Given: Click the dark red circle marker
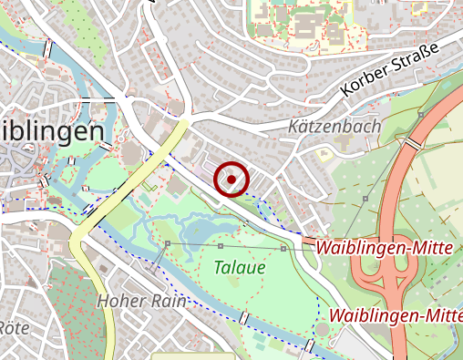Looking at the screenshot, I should pos(231,179).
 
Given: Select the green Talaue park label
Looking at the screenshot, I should pos(240,268).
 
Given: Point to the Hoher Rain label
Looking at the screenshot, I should pos(141,301).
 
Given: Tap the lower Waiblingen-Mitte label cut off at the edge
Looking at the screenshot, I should pos(396,315).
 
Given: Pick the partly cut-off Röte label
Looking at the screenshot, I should pos(15,327).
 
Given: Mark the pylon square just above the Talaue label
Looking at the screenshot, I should pos(221,246).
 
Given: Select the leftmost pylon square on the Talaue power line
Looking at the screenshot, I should pos(168,243).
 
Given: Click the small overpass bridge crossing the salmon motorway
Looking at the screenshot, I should pos(412,144).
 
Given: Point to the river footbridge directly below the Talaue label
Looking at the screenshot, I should pos(243,318).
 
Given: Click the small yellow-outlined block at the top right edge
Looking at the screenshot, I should pos(418,7).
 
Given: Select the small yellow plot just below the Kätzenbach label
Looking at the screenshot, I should pos(324,155).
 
